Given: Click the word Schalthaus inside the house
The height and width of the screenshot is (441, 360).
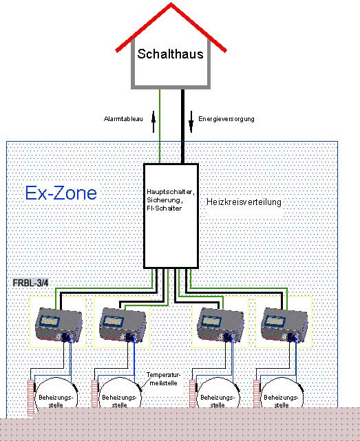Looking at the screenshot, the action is click(x=170, y=54).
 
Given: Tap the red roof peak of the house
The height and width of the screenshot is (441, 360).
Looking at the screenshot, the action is click(x=171, y=4).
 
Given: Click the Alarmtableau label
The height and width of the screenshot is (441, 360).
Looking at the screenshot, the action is click(x=123, y=119).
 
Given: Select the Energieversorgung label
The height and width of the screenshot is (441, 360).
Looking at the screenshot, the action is click(x=226, y=119).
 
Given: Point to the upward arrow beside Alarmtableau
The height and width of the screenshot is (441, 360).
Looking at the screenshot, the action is click(x=153, y=122).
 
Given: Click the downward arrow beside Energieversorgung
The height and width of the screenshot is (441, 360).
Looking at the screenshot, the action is click(x=191, y=122).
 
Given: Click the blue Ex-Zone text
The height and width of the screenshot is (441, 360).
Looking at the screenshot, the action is click(x=61, y=193).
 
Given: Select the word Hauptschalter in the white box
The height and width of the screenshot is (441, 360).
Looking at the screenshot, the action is click(x=171, y=192).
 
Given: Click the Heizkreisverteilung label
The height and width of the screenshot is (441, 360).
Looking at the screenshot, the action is click(x=244, y=202).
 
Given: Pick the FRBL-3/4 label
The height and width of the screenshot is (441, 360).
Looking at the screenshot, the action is click(x=31, y=283).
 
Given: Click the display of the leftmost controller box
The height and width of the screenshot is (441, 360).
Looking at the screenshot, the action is click(x=50, y=321).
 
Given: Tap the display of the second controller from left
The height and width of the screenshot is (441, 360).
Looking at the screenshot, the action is click(x=114, y=321).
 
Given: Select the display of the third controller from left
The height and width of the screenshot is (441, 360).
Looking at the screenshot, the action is click(x=211, y=321).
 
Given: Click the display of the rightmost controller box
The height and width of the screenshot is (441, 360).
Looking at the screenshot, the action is click(x=275, y=321).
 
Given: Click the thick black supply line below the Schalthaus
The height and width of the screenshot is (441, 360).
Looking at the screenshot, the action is click(x=182, y=127).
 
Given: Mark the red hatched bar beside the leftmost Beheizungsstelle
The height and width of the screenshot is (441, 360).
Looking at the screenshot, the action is click(x=31, y=398).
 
